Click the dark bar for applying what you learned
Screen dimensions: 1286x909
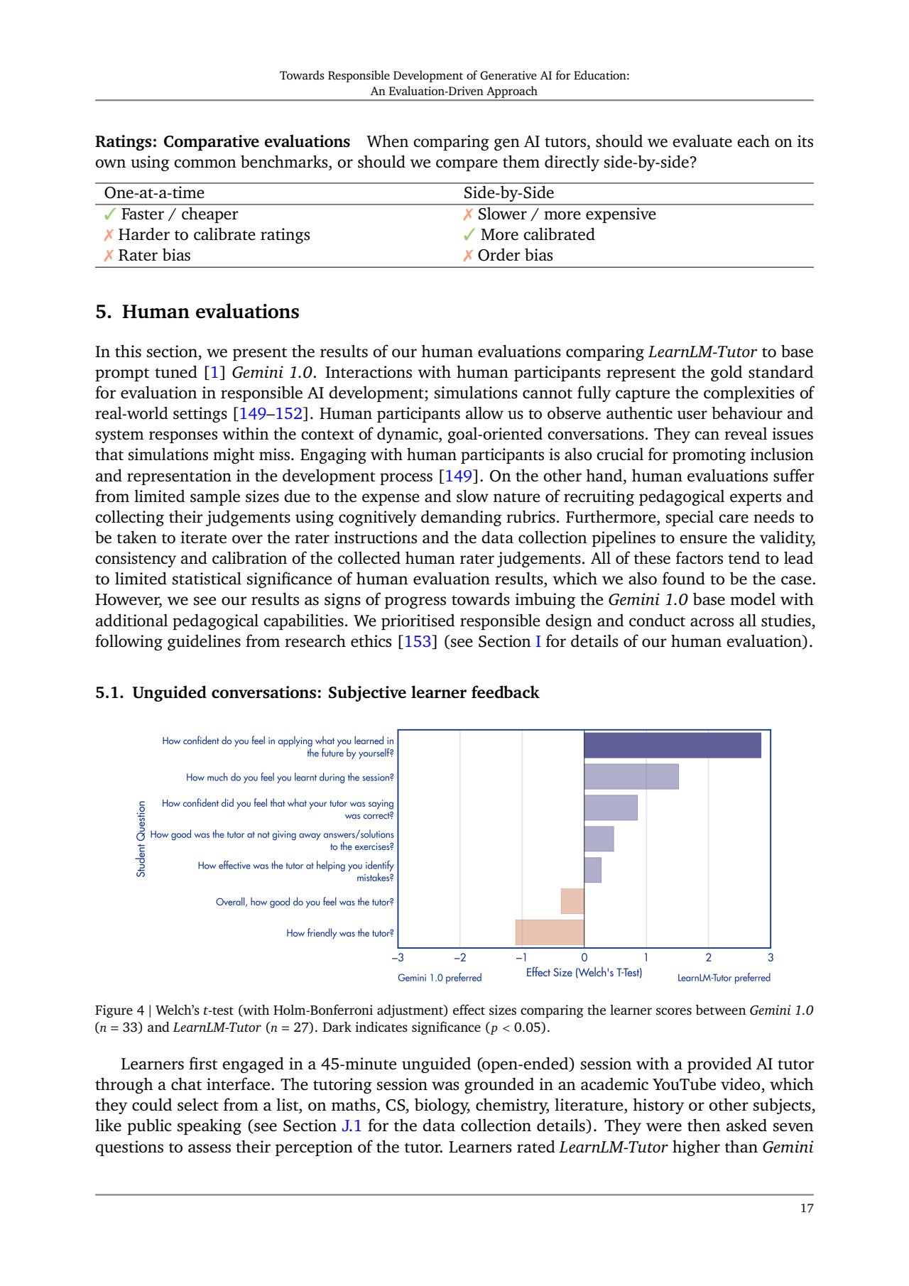click(x=672, y=746)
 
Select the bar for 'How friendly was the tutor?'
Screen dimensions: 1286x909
click(x=550, y=932)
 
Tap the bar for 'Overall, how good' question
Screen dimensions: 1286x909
click(x=572, y=901)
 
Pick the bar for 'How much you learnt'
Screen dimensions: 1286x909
click(x=631, y=777)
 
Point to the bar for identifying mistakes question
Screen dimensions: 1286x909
click(x=592, y=870)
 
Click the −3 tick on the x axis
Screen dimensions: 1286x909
click(x=398, y=958)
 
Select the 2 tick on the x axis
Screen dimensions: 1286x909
click(x=708, y=958)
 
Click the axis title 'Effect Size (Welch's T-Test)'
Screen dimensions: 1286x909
click(x=584, y=973)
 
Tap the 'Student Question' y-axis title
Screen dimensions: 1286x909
click(x=141, y=839)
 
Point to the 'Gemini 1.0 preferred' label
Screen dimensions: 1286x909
click(x=440, y=978)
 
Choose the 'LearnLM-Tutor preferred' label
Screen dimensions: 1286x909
click(x=724, y=978)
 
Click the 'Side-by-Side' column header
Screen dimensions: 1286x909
click(x=508, y=193)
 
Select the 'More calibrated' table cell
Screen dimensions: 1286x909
click(x=538, y=235)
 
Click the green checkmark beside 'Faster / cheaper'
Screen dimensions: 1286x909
click(x=110, y=214)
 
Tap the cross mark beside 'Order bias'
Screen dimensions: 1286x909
click(x=468, y=256)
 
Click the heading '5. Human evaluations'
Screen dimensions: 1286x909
click(x=197, y=312)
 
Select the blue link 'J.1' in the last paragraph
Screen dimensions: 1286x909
click(x=352, y=1126)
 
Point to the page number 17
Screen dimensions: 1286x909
click(x=806, y=1209)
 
